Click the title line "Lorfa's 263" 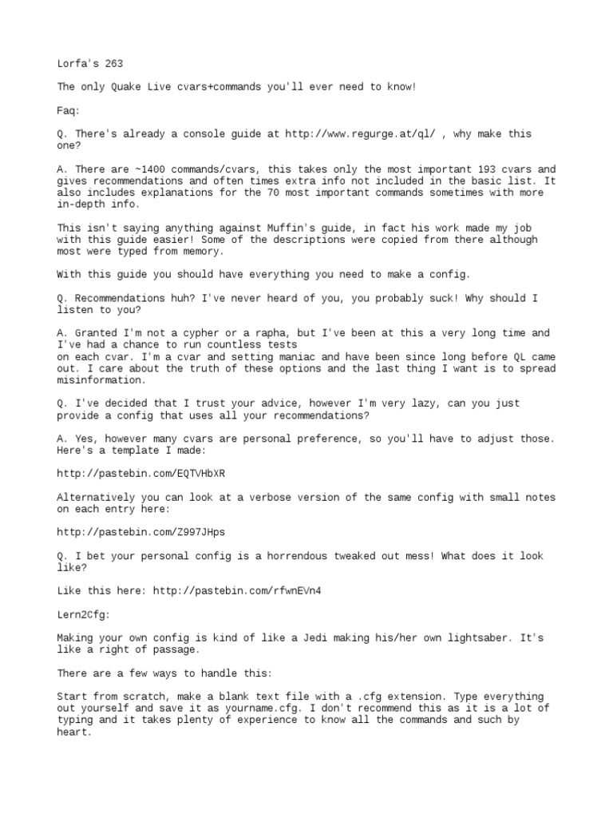click(90, 63)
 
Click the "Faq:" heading click(69, 110)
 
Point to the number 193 click(473, 169)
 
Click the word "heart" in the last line click(74, 732)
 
